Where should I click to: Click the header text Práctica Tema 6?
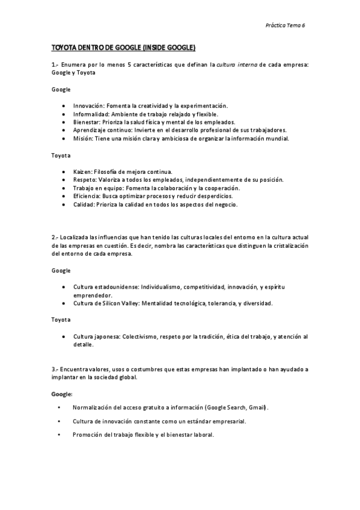point(285,25)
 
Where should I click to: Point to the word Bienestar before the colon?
point(85,121)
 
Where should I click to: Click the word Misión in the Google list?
point(82,138)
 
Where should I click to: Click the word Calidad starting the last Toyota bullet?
point(84,204)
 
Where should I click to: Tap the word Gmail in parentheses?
point(257,407)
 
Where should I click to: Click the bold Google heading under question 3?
point(61,393)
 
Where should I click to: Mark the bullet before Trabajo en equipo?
point(64,188)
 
